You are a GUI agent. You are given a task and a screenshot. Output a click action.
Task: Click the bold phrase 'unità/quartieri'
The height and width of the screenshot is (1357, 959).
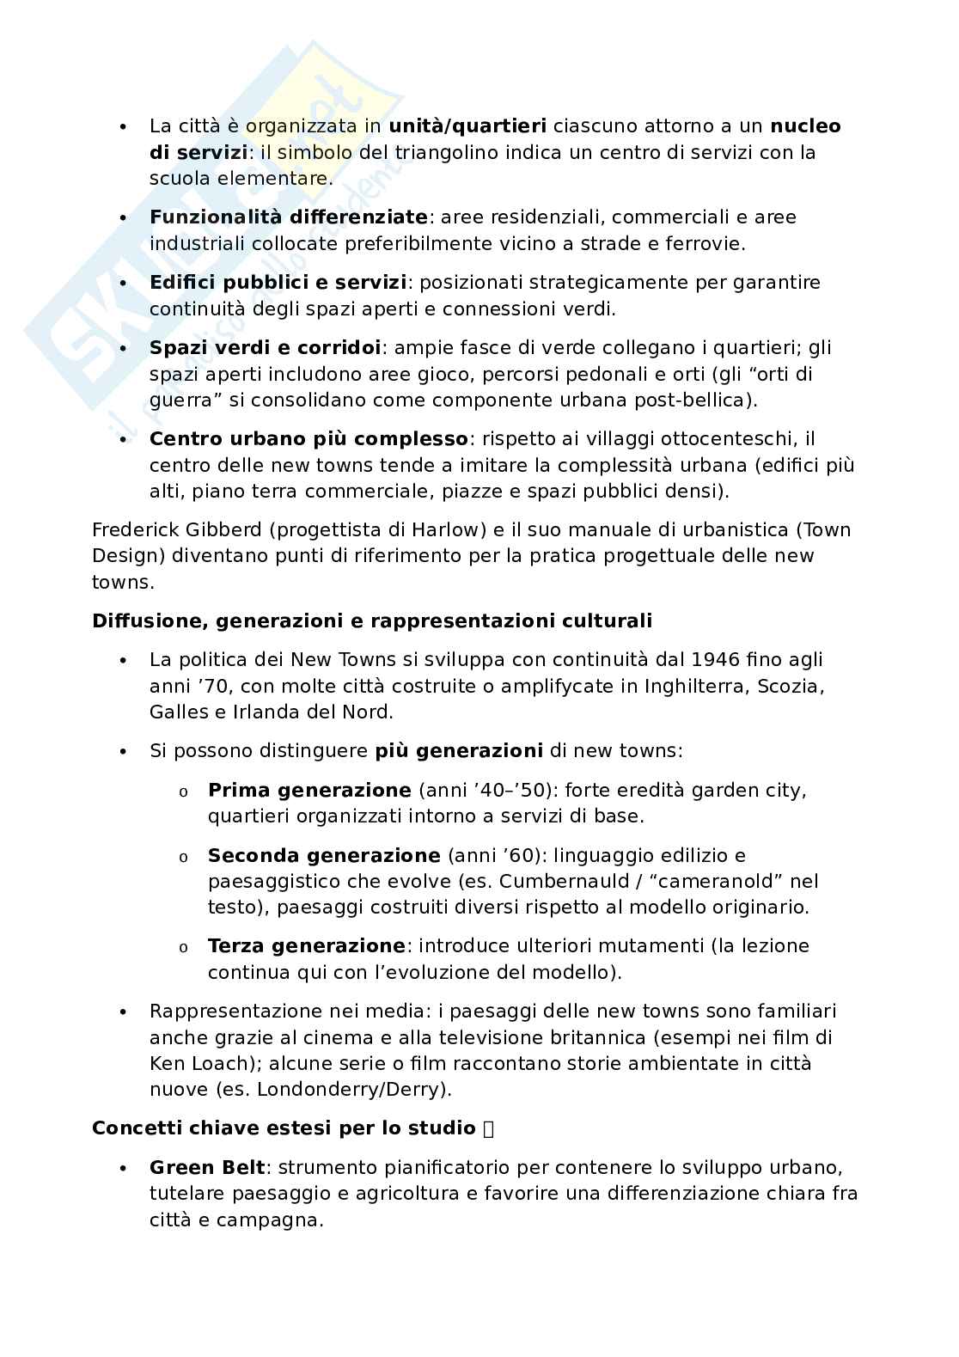(x=467, y=126)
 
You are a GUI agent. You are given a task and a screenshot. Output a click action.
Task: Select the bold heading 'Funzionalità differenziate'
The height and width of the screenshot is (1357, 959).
(x=288, y=217)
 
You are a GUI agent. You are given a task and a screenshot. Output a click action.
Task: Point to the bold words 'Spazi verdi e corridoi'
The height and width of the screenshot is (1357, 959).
(x=265, y=348)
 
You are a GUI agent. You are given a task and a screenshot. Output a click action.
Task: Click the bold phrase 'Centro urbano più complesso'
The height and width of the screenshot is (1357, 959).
(x=308, y=439)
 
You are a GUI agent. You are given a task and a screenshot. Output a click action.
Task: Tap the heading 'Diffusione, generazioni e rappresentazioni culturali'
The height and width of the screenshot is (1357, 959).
(x=371, y=620)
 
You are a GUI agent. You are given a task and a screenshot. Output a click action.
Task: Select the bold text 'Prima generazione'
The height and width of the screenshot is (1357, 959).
(x=309, y=790)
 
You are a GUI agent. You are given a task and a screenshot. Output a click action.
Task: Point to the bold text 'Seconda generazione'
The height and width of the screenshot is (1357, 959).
(x=323, y=856)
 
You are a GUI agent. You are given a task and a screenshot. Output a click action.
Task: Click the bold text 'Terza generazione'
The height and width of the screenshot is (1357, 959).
(x=306, y=946)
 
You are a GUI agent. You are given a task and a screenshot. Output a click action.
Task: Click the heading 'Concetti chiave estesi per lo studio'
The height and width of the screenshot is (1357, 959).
(x=284, y=1128)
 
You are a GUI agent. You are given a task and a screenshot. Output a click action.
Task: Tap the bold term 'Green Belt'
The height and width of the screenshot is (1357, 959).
(x=207, y=1168)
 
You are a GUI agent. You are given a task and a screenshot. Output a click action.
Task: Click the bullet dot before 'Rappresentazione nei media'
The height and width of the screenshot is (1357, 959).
(x=124, y=1012)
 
